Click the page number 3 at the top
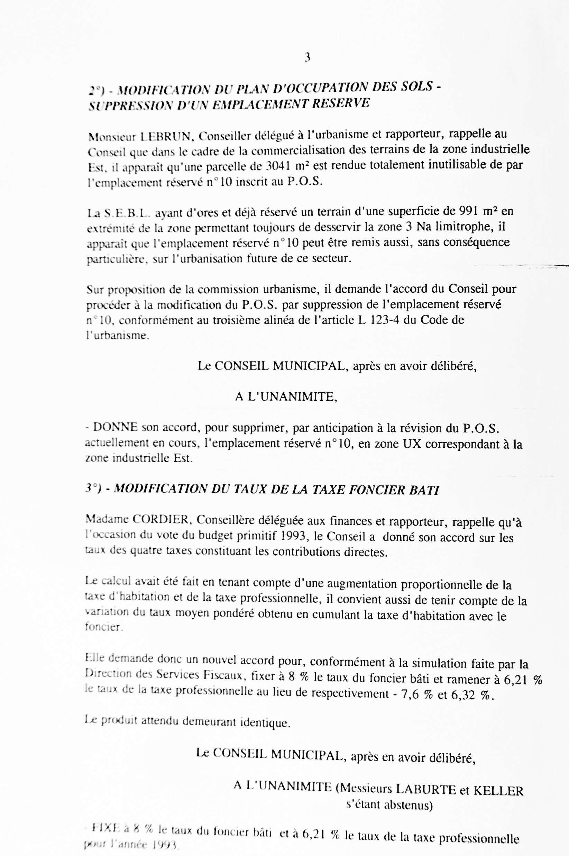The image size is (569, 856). click(x=307, y=57)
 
